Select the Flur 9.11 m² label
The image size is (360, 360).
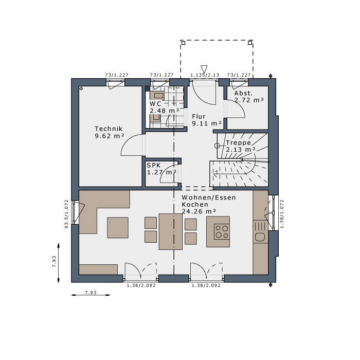(207, 120)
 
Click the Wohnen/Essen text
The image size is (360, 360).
(209, 197)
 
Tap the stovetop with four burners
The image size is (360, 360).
(222, 231)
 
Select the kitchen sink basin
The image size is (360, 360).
(260, 237)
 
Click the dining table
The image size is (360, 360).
(171, 231)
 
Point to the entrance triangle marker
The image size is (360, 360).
(204, 69)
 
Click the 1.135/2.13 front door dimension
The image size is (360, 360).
(205, 75)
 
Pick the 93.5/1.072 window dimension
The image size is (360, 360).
(66, 214)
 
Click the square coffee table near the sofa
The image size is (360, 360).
(118, 227)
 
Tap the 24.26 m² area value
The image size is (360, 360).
(199, 211)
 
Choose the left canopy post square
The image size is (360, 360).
(183, 43)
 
